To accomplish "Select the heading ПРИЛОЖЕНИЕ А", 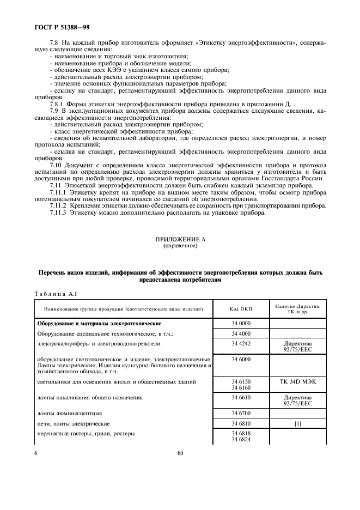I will pyautogui.click(x=180, y=240).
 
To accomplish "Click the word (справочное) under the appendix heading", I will pyautogui.click(x=180, y=246).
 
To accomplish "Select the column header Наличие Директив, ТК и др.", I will pyautogui.click(x=297, y=309).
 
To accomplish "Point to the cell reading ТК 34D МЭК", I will pyautogui.click(x=297, y=382).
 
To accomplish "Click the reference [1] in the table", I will pyautogui.click(x=297, y=423).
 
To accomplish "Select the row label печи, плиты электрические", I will pyautogui.click(x=74, y=423).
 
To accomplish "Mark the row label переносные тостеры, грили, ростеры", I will pyautogui.click(x=86, y=434).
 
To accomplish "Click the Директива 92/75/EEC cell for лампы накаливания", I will pyautogui.click(x=297, y=401).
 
